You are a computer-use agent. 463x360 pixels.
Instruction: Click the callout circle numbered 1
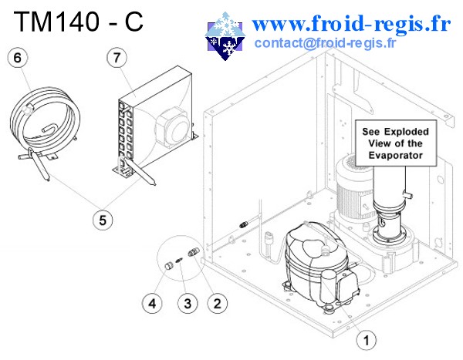(367, 338)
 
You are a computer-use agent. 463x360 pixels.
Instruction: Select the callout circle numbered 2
(217, 303)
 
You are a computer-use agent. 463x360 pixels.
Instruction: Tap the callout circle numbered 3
(186, 303)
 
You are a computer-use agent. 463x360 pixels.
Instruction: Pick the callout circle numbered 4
(154, 303)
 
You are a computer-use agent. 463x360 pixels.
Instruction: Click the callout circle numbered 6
(17, 57)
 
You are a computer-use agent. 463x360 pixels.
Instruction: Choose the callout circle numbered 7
(117, 57)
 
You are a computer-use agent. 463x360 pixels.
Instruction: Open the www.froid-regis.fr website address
(351, 23)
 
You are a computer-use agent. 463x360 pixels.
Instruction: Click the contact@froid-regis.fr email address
(324, 42)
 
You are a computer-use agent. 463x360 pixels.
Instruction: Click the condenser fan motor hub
(171, 123)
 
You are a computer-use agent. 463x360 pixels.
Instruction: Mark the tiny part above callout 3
(180, 258)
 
